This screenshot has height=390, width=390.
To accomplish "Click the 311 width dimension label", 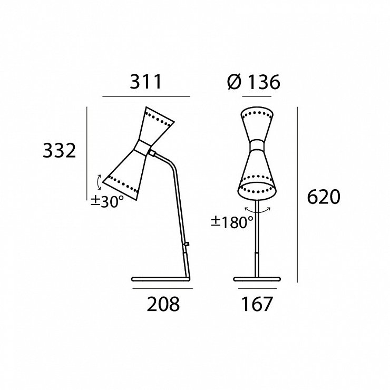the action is [146, 82].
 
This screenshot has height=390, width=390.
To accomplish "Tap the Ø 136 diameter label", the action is [253, 82].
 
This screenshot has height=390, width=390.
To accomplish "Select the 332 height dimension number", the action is [59, 151].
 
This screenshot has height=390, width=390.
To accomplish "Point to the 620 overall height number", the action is [324, 197].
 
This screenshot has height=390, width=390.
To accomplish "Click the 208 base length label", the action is [163, 304].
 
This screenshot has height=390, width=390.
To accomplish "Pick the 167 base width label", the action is [257, 304].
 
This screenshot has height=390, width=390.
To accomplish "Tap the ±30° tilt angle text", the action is [107, 201].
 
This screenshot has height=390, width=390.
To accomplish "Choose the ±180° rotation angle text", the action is [232, 222].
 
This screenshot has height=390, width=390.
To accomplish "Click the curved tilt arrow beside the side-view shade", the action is [99, 182].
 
